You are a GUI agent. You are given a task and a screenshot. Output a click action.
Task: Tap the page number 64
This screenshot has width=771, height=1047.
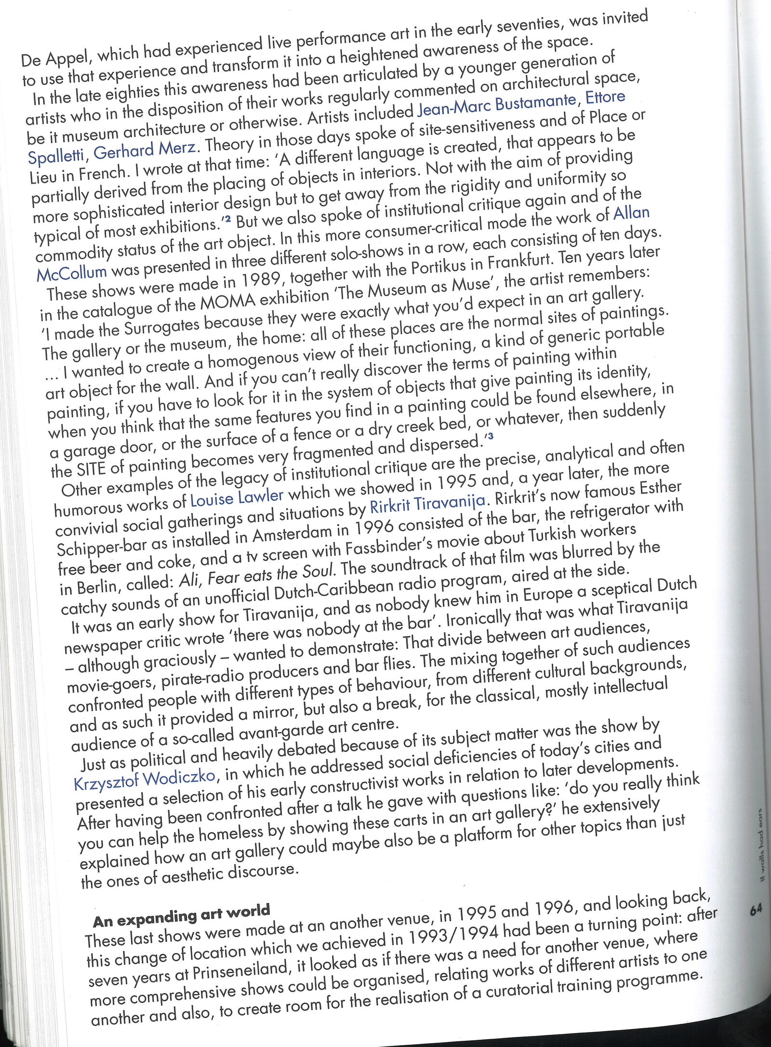click(756, 909)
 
